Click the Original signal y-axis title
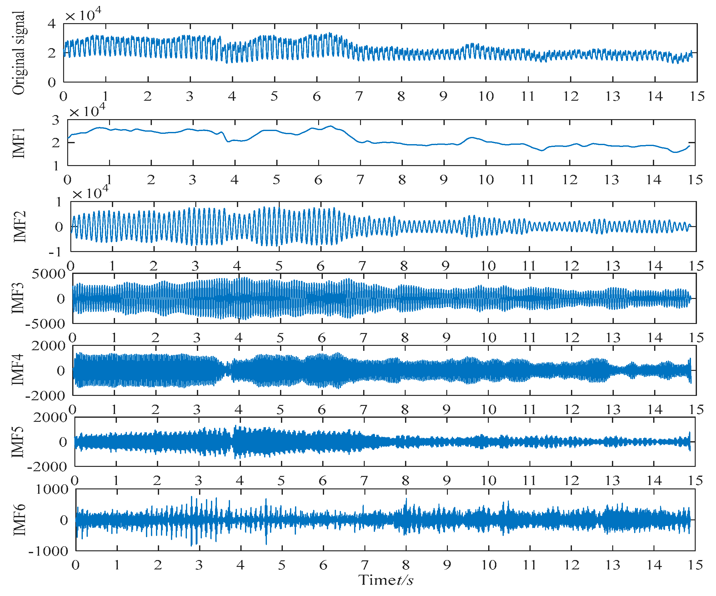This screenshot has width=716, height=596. tap(19, 53)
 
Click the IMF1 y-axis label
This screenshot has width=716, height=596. tap(19, 143)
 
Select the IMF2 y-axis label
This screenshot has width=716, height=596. tap(19, 226)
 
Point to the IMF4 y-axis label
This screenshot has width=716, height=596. tap(18, 370)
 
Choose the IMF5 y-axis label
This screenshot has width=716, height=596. tap(18, 442)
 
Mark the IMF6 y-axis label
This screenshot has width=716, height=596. tap(19, 520)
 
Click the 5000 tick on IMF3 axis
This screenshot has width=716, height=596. tap(48, 274)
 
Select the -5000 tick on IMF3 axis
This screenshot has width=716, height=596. tap(45, 324)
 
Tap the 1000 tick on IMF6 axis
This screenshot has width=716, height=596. tap(52, 489)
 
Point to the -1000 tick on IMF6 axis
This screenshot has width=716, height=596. tap(48, 551)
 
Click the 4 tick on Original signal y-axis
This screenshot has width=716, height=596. tap(52, 23)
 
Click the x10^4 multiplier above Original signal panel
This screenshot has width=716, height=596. tap(83, 15)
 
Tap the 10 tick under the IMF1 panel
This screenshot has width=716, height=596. tap(486, 179)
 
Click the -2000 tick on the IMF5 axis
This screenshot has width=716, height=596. tap(48, 466)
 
